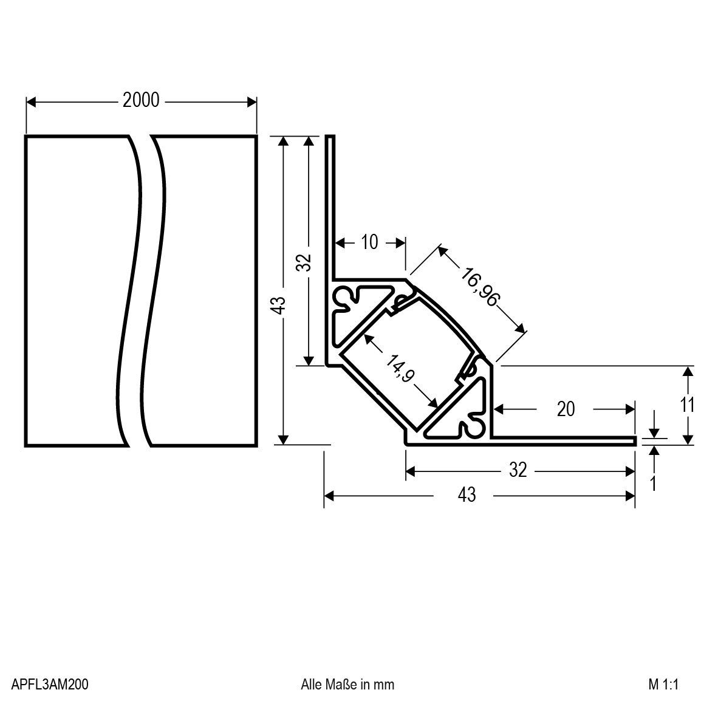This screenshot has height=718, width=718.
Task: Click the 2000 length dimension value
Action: pyautogui.click(x=141, y=100)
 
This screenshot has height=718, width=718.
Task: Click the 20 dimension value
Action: pyautogui.click(x=565, y=409)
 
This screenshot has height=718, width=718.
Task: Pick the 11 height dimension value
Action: pyautogui.click(x=687, y=405)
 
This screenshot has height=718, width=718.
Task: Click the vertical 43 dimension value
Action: pyautogui.click(x=278, y=306)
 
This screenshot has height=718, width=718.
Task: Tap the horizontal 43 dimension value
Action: pyautogui.click(x=466, y=495)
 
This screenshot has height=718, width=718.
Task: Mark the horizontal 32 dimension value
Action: pyautogui.click(x=517, y=470)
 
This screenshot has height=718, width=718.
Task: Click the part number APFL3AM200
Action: pyautogui.click(x=50, y=685)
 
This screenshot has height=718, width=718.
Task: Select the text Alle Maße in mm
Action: pyautogui.click(x=347, y=685)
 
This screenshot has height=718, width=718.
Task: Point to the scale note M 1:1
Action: pyautogui.click(x=662, y=685)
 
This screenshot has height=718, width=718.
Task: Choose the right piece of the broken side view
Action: pyautogui.click(x=207, y=290)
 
